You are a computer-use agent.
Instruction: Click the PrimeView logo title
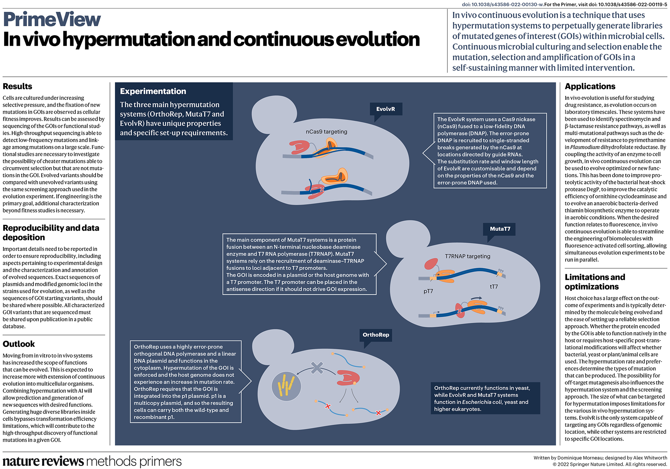point(52,20)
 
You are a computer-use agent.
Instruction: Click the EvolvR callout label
point(386,109)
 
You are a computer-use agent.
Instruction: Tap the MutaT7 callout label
point(500,229)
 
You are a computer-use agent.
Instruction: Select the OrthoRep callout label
point(375,335)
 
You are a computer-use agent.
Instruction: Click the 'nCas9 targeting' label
point(326,132)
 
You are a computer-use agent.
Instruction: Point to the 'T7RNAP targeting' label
point(467,256)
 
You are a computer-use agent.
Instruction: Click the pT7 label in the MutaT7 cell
point(428,291)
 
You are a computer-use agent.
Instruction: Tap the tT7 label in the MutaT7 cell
point(494,286)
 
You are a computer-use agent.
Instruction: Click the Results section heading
point(17,87)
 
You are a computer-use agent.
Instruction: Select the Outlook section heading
point(19,344)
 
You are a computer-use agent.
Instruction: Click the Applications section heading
point(590,87)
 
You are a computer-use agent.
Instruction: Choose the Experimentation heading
point(153,91)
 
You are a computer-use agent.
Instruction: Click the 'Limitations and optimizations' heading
point(595,282)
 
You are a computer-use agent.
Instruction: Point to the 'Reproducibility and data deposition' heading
point(51,233)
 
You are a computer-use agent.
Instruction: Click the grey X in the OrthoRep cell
point(317,368)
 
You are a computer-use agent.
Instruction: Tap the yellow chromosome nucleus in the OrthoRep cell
point(286,386)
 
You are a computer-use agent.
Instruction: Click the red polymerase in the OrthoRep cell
point(348,378)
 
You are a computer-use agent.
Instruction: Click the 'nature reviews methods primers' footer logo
point(92,461)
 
